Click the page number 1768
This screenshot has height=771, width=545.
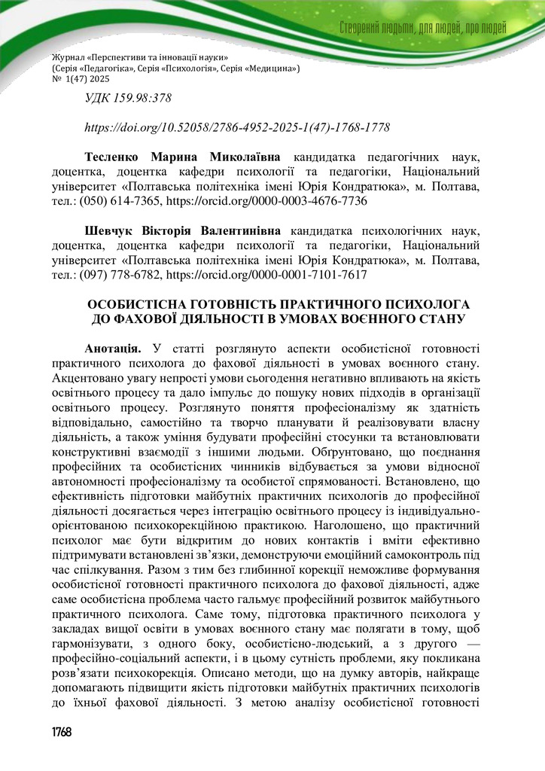pyautogui.click(x=62, y=733)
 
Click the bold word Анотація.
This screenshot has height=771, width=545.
pyautogui.click(x=114, y=348)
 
